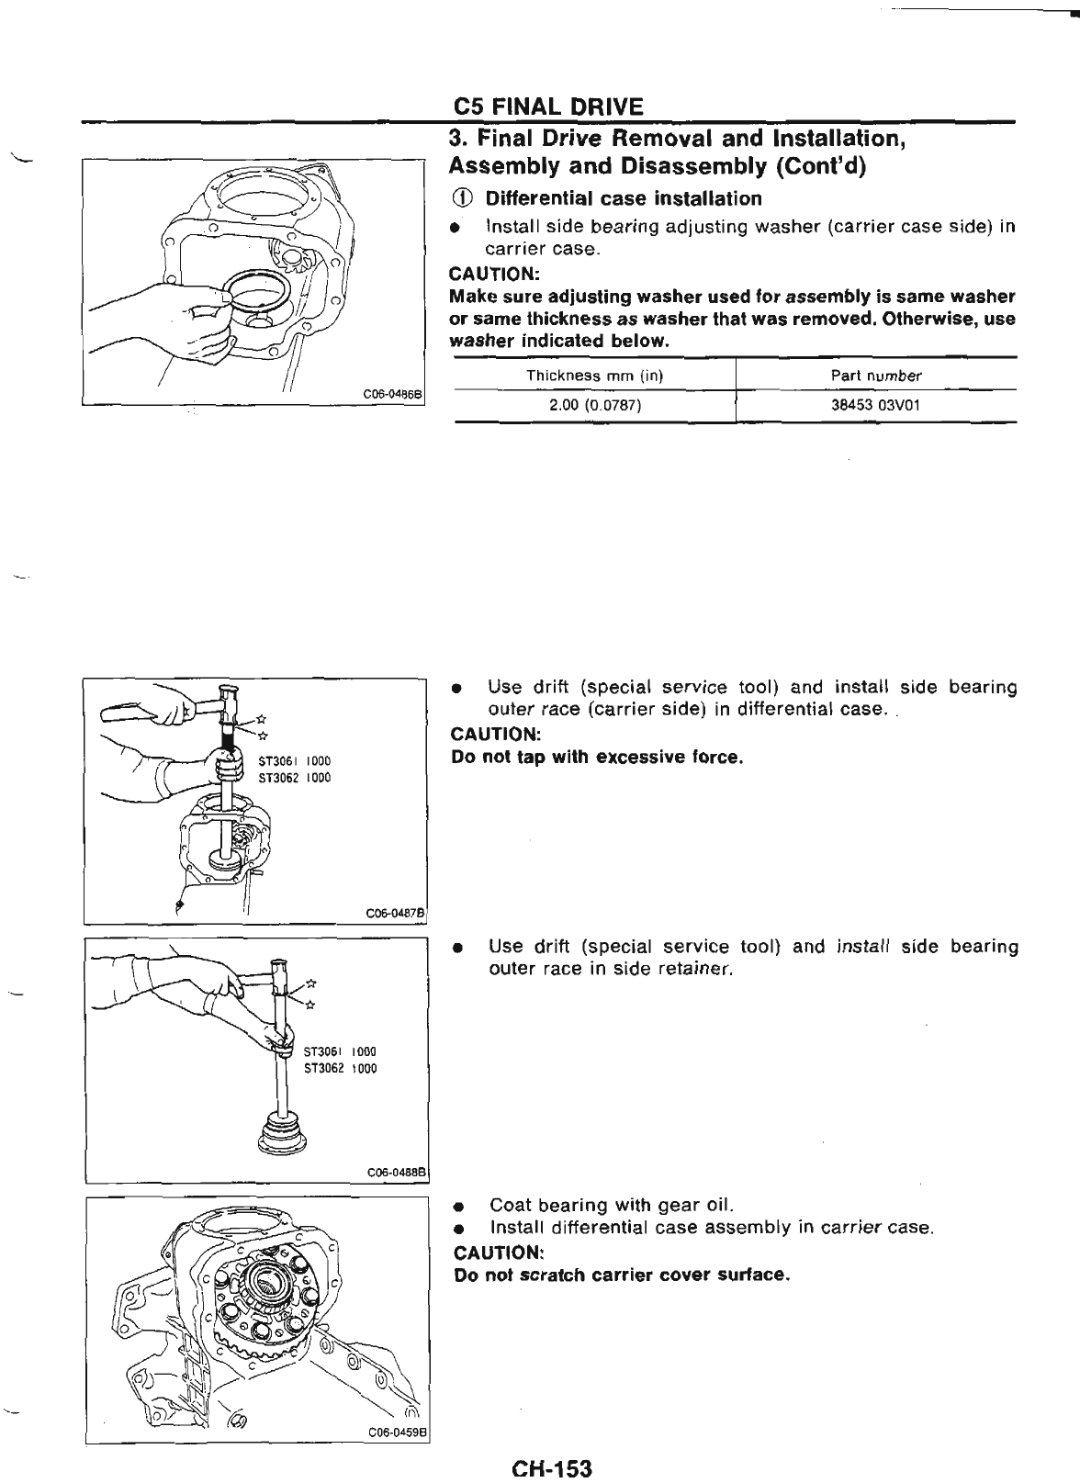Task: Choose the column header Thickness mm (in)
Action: click(594, 375)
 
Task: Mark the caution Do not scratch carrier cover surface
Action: click(622, 1275)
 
